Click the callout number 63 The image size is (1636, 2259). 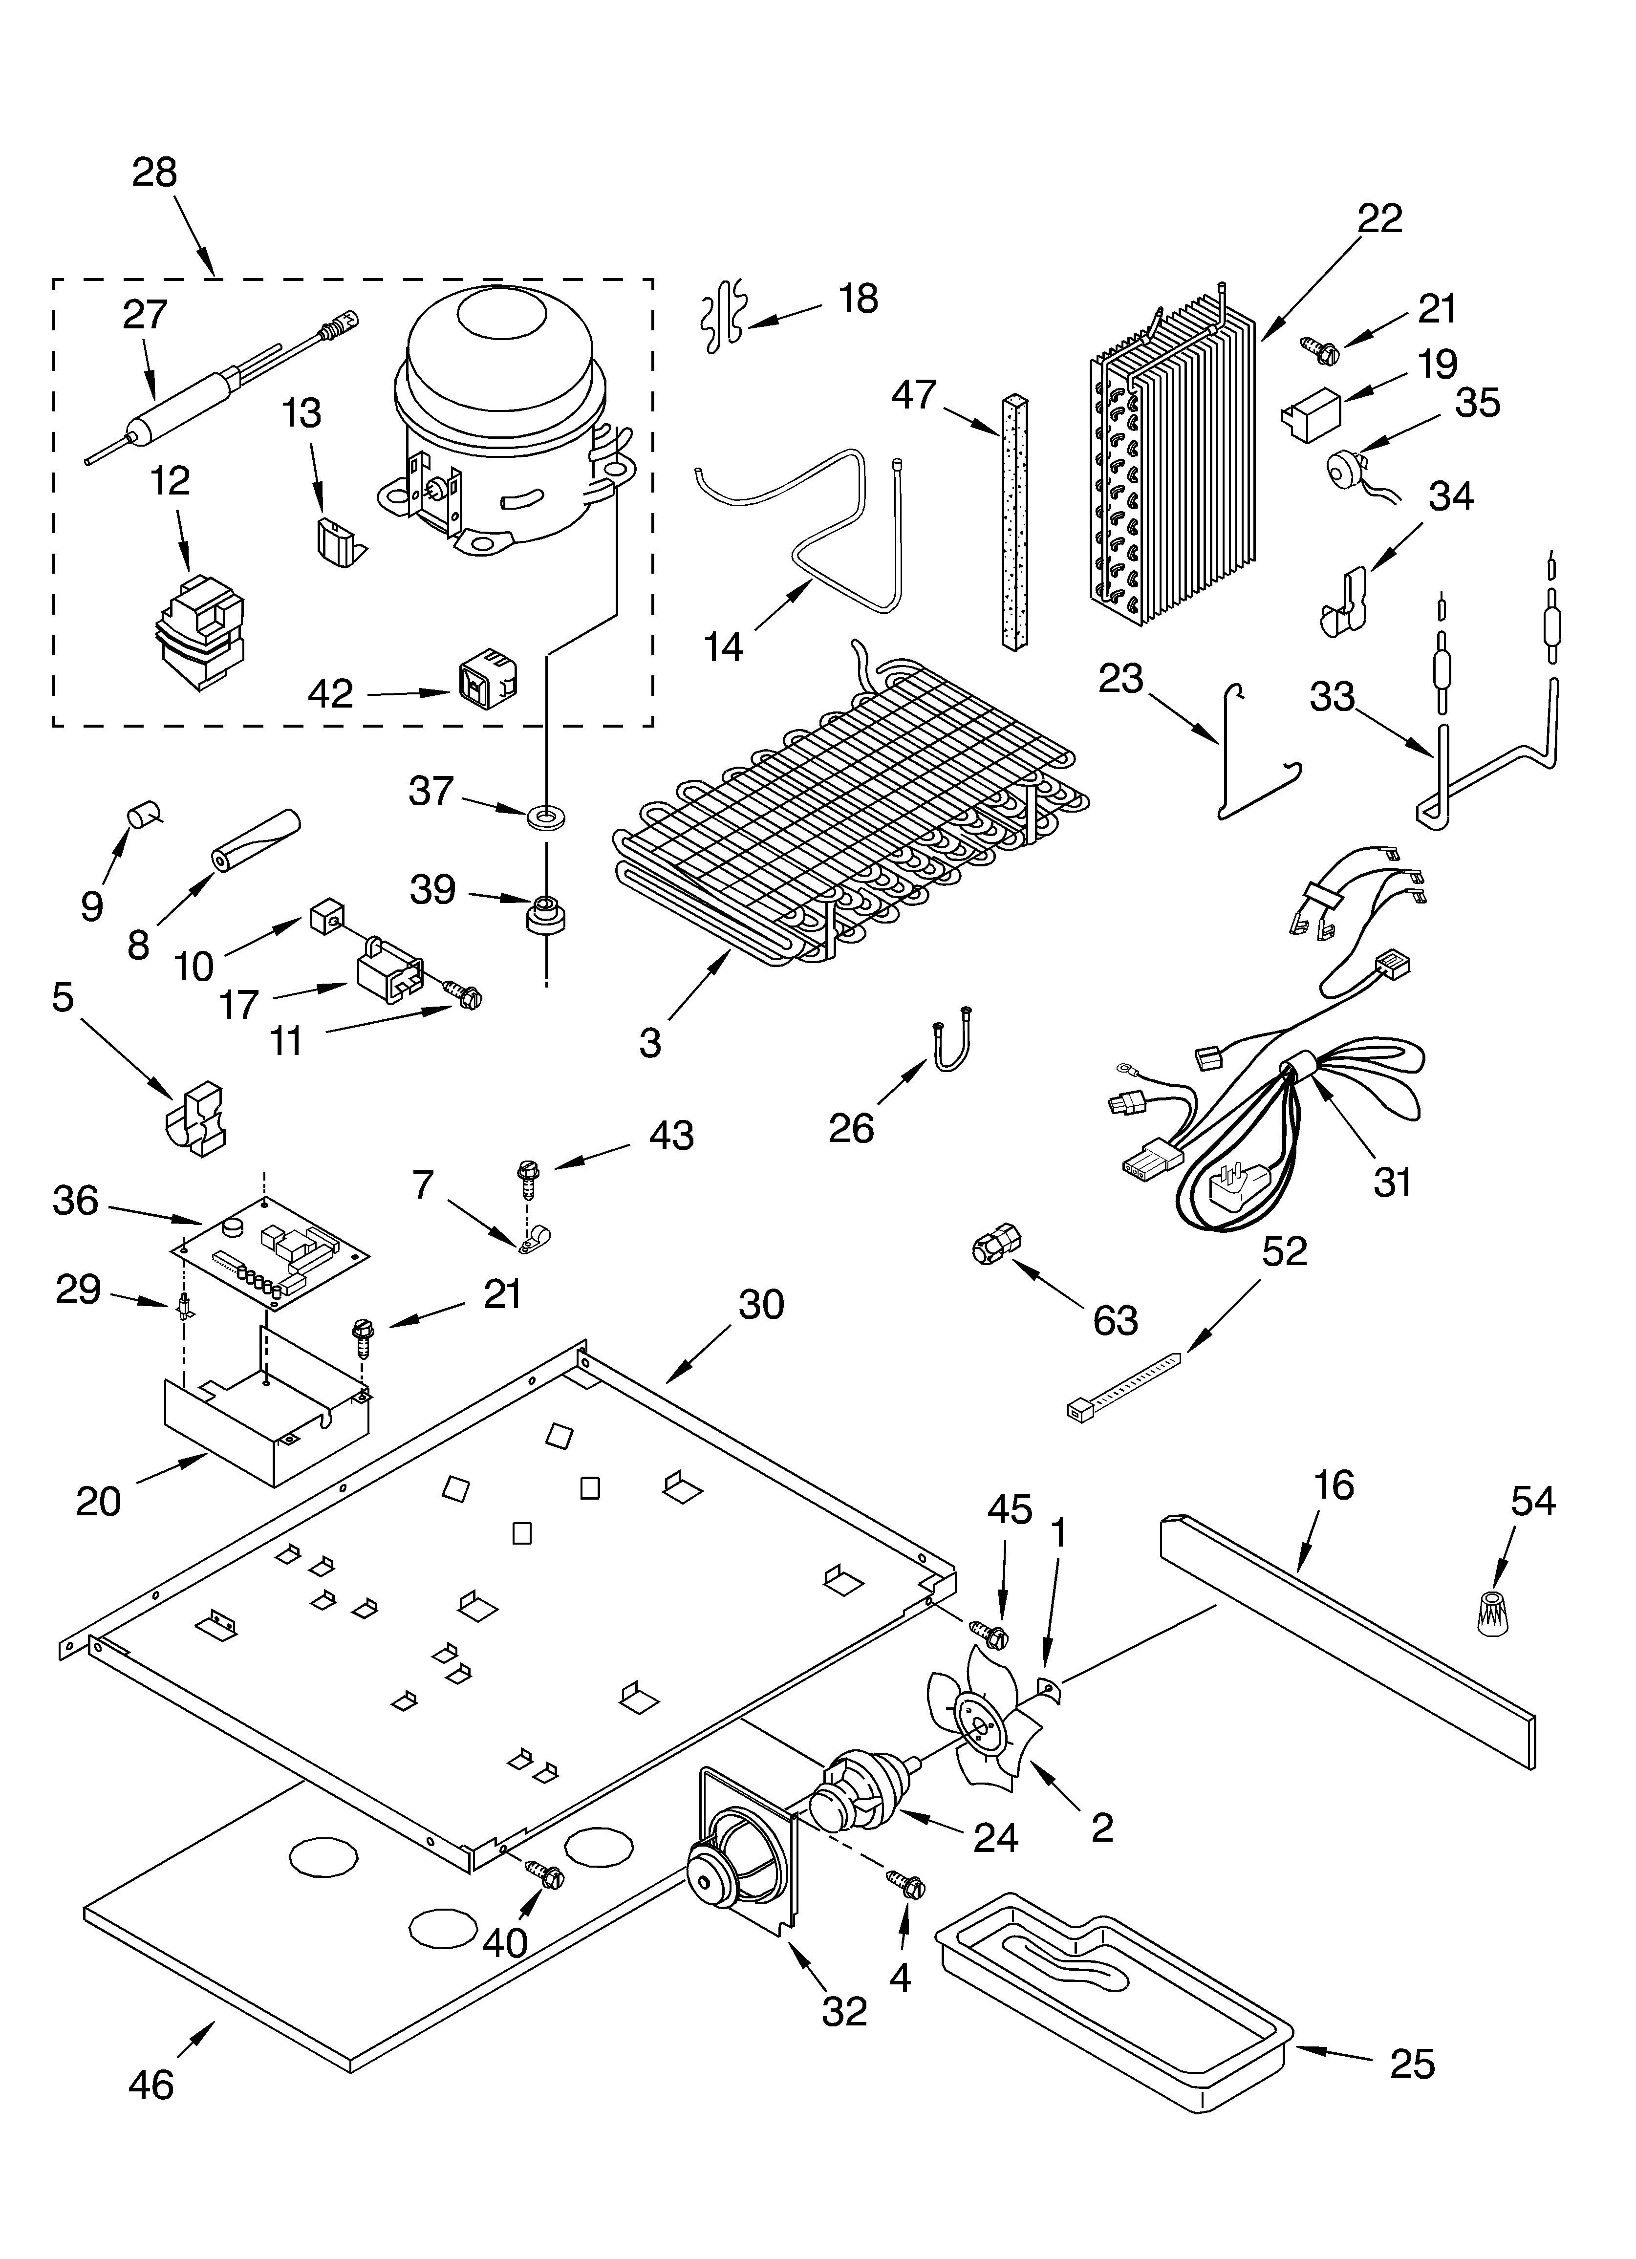[1115, 1321]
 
